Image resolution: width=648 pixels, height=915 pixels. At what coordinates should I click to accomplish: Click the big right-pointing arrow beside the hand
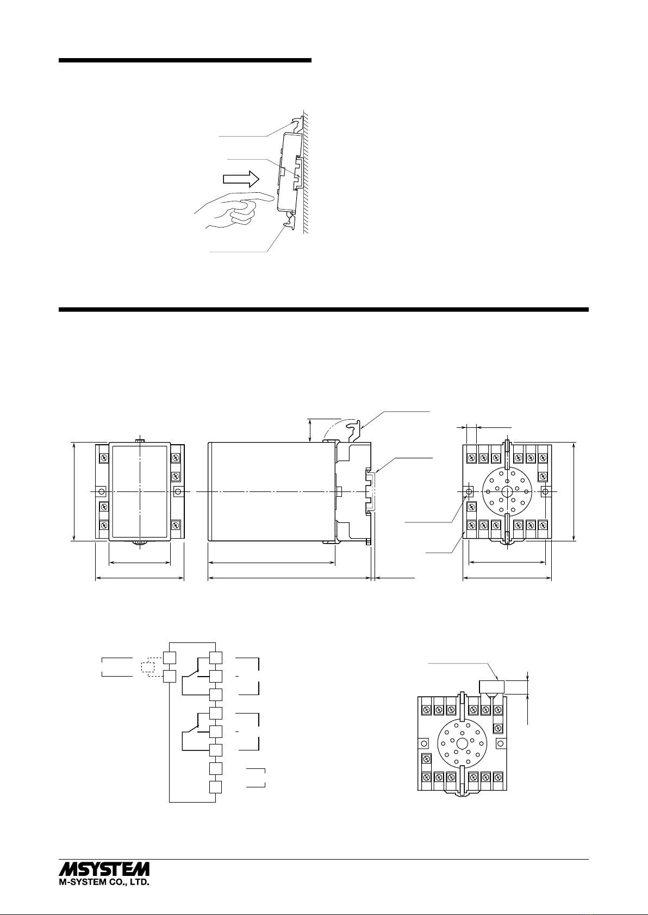click(x=241, y=179)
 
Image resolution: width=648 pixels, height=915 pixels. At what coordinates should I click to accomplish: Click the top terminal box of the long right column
click(x=215, y=658)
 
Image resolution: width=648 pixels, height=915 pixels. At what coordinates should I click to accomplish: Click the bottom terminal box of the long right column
click(x=215, y=787)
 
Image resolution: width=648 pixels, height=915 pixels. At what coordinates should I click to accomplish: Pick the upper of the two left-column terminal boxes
click(x=169, y=658)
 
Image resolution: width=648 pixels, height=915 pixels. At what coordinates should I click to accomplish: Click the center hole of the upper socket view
click(x=507, y=491)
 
